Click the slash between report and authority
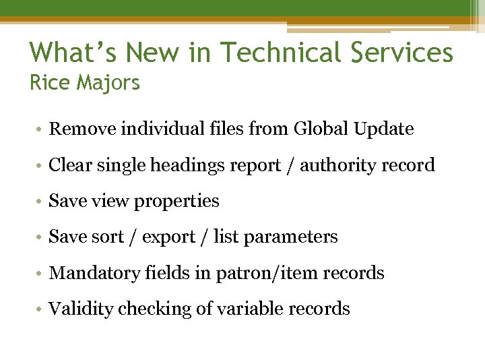point(290,165)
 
